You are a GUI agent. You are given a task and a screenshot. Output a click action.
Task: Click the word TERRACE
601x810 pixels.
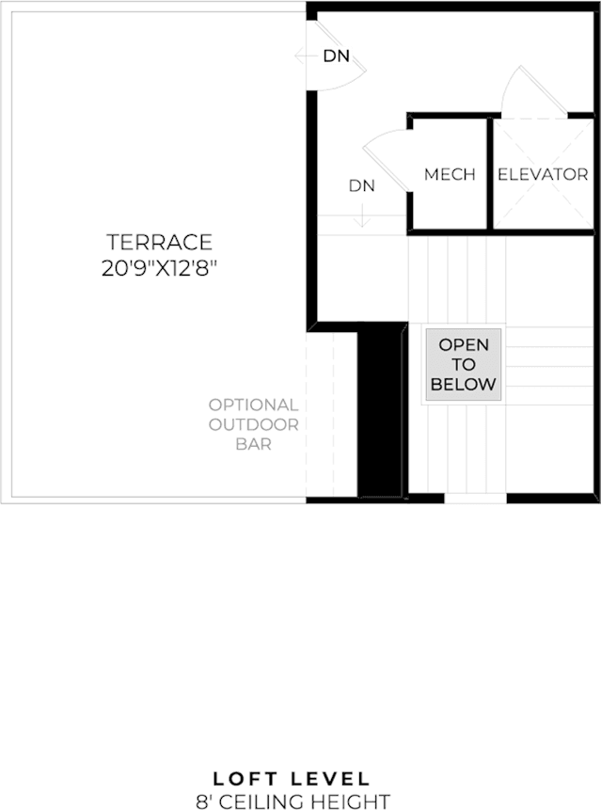[x=160, y=242]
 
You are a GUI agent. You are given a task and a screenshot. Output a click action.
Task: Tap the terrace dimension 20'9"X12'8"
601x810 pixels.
[x=159, y=269]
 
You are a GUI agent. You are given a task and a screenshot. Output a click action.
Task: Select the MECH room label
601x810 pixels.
[x=450, y=175]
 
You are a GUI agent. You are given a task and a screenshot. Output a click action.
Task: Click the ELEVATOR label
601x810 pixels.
[x=543, y=175]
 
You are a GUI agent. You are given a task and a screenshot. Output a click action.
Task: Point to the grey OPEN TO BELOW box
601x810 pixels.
[x=463, y=365]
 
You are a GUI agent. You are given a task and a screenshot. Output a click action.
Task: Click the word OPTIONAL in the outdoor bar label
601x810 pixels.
[x=254, y=405]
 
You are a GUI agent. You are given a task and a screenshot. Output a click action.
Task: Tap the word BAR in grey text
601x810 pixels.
[x=254, y=444]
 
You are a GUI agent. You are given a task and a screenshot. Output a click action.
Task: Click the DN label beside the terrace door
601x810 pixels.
[x=336, y=56]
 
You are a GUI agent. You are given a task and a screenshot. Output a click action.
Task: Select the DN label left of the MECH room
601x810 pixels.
[x=361, y=185]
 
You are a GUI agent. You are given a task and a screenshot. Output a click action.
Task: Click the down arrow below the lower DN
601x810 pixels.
[x=362, y=215]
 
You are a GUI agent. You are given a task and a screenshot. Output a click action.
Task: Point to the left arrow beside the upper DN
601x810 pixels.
[x=307, y=56]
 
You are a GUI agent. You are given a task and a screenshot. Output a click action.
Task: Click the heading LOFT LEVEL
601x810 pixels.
[x=292, y=779]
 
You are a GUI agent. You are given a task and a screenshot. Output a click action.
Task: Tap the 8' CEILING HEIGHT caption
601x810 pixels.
[x=293, y=802]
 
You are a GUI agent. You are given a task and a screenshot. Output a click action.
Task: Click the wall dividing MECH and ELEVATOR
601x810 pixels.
[x=490, y=173]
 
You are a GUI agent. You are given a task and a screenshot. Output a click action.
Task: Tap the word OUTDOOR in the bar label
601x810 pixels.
[x=254, y=424]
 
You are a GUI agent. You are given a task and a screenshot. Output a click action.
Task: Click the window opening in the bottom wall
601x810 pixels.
[x=476, y=499]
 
